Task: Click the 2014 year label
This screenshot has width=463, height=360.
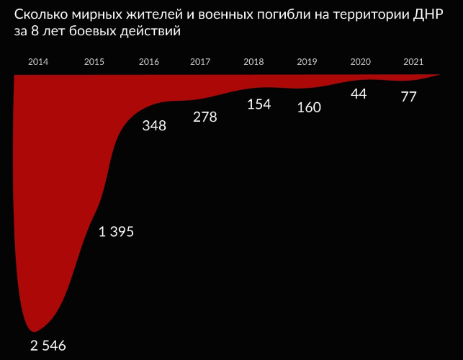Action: click(x=38, y=62)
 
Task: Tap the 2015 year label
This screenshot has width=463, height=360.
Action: click(x=94, y=62)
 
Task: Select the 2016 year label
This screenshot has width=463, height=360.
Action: click(x=148, y=62)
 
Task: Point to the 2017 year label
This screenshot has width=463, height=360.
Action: click(x=200, y=62)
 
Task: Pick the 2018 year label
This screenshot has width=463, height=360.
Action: click(x=253, y=62)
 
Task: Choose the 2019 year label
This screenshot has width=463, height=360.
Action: click(x=307, y=62)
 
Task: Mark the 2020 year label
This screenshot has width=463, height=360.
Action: click(x=360, y=62)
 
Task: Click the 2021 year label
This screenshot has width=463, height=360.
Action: click(x=413, y=62)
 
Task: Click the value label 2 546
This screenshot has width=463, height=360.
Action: click(x=48, y=346)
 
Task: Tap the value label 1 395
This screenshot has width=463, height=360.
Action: click(x=116, y=231)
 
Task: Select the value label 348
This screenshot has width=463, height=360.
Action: click(x=154, y=126)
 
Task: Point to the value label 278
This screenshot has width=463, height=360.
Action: click(x=205, y=117)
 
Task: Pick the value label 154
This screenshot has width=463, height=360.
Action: click(x=259, y=104)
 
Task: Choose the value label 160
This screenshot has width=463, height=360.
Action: click(x=309, y=107)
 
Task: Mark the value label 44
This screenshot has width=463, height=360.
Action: click(x=359, y=94)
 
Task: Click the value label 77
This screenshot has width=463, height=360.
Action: click(x=408, y=96)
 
